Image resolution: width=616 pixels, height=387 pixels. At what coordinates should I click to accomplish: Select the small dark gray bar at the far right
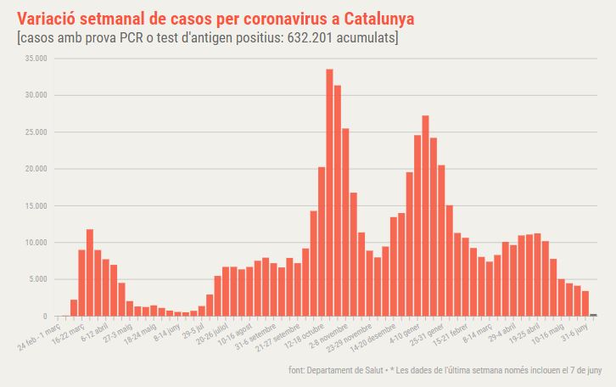click(x=593, y=315)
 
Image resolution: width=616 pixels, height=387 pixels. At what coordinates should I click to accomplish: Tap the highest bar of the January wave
click(x=425, y=216)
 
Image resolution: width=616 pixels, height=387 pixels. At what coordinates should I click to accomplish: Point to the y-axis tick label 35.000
click(x=36, y=59)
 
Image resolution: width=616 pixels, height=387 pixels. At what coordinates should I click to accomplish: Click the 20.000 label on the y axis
click(x=36, y=169)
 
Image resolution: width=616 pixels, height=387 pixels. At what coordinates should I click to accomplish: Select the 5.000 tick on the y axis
click(x=39, y=279)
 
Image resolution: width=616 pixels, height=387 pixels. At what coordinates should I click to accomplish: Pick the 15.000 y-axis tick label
click(x=36, y=206)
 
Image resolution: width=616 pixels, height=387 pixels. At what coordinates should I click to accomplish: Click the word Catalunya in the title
click(x=379, y=18)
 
